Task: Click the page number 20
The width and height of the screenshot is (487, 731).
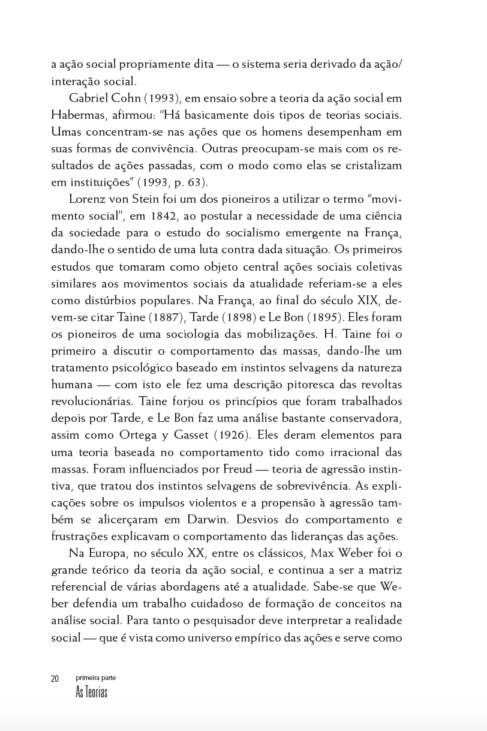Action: point(55,679)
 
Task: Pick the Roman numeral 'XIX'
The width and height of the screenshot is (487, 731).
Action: point(367,300)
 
